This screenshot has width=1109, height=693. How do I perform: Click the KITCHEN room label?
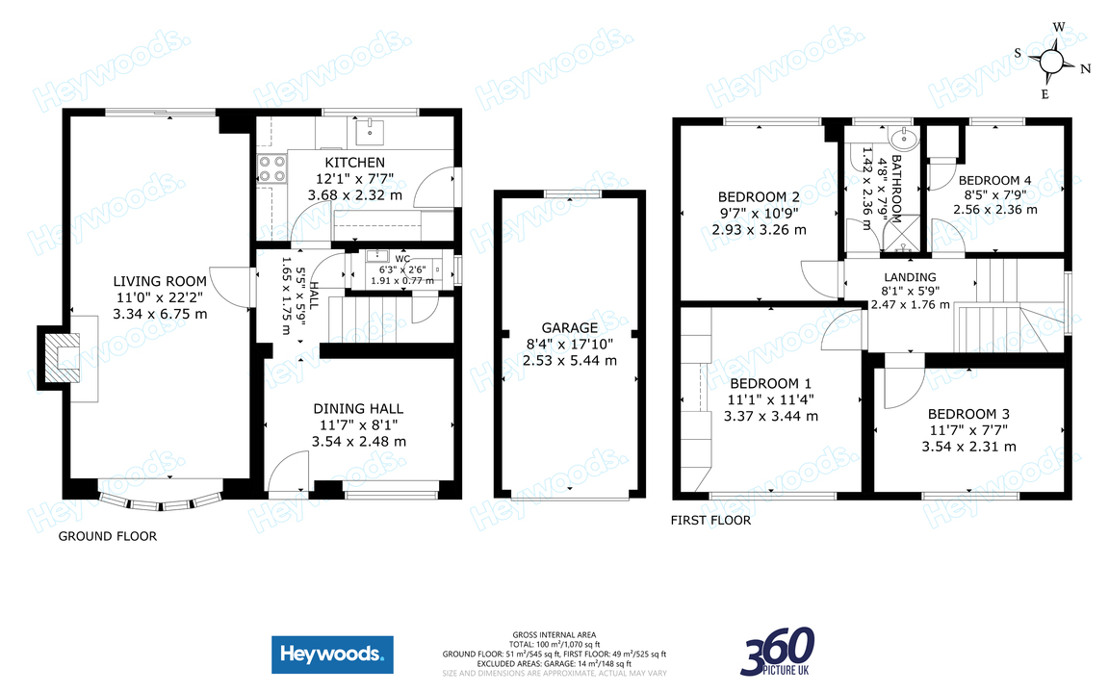[354, 163]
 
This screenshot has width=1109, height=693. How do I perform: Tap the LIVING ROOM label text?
[160, 281]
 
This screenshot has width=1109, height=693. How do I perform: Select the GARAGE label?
[569, 328]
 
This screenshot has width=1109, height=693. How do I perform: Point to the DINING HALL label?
[358, 409]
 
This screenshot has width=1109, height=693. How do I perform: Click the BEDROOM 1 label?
[771, 383]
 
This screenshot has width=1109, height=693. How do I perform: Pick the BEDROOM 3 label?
[968, 414]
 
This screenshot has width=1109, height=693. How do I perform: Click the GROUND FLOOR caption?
[108, 536]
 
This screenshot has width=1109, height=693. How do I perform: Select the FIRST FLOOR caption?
[710, 521]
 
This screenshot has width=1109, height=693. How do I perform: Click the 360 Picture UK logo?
[778, 652]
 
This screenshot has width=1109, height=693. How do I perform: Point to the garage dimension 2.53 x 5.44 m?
[569, 361]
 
